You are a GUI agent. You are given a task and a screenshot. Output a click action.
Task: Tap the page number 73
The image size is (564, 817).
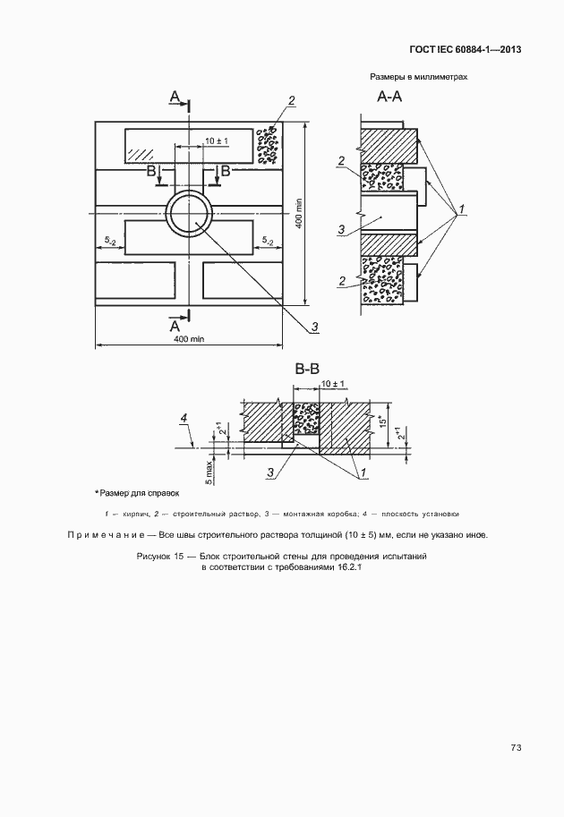[516, 748]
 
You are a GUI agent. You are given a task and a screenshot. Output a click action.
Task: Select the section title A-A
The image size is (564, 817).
[390, 97]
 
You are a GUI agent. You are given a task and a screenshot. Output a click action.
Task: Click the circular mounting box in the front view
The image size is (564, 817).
[189, 216]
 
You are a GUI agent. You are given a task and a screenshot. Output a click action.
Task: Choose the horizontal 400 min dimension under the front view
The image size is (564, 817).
[190, 339]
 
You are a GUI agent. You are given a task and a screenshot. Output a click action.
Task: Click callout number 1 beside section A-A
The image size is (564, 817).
[461, 209]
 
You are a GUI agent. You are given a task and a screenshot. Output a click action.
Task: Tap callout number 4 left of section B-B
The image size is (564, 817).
[184, 418]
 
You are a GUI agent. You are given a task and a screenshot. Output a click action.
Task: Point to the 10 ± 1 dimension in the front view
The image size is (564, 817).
[217, 141]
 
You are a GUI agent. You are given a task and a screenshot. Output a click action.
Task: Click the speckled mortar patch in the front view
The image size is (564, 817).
[268, 145]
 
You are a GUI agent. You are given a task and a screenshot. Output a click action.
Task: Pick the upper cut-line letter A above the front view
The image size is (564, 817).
[175, 96]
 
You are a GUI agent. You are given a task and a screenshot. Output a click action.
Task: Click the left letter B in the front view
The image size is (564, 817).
[152, 169]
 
